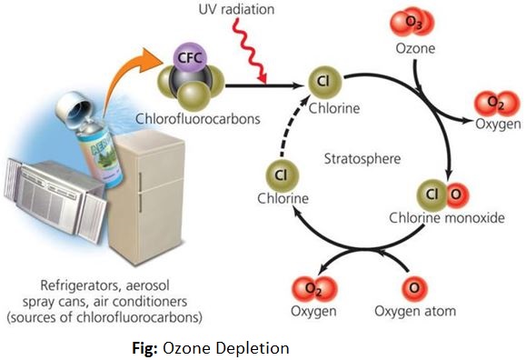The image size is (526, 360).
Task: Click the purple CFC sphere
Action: (x=190, y=58)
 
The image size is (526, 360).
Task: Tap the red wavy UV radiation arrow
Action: (x=250, y=50)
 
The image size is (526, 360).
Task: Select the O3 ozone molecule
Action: (x=412, y=23)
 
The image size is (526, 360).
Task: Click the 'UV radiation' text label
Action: (x=236, y=9)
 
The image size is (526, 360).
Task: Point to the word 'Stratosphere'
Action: (x=362, y=158)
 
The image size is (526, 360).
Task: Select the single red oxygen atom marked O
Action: (x=414, y=289)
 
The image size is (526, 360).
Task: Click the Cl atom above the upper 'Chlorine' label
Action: (x=324, y=83)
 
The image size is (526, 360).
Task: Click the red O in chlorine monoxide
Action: (x=456, y=195)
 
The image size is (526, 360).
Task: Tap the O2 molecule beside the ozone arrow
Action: (x=497, y=104)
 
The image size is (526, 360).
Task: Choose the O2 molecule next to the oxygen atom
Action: (x=313, y=289)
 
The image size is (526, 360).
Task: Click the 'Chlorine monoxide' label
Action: (x=447, y=218)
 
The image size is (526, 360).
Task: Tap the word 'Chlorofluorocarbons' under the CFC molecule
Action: (x=198, y=119)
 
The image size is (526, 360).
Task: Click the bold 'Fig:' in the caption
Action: (x=145, y=348)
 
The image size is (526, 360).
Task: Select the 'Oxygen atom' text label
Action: (x=415, y=311)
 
